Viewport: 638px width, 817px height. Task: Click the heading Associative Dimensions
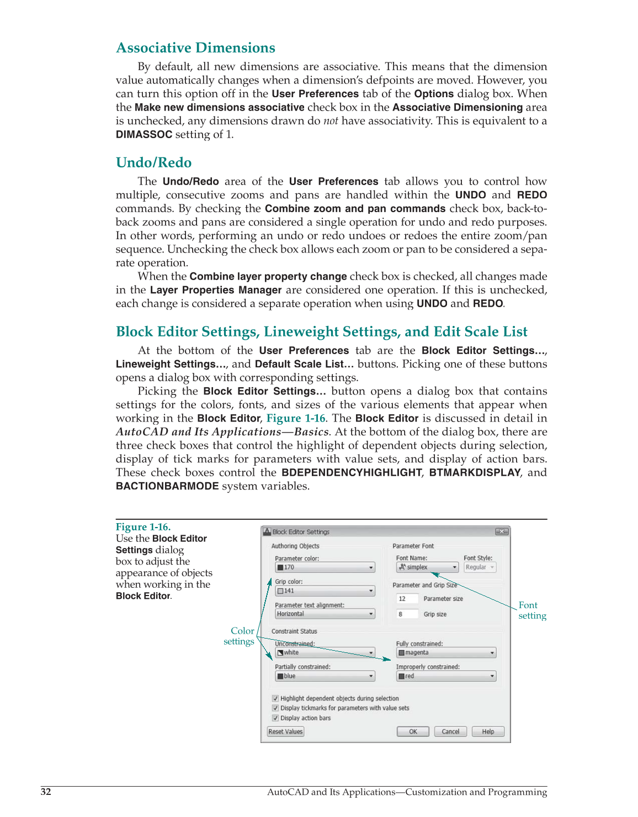click(195, 48)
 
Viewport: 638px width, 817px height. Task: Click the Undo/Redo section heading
click(153, 163)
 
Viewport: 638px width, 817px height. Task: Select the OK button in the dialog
click(413, 731)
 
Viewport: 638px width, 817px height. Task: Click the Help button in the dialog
click(488, 731)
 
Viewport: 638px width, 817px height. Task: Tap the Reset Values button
click(285, 731)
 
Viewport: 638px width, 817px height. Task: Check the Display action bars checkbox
click(275, 718)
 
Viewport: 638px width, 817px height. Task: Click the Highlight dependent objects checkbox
click(275, 698)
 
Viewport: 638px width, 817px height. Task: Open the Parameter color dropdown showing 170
click(325, 567)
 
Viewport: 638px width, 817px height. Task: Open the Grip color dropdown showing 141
click(325, 591)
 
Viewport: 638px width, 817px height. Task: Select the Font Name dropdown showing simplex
click(427, 567)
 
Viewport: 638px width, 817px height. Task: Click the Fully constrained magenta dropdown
click(446, 653)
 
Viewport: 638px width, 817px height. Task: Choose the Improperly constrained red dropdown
click(446, 676)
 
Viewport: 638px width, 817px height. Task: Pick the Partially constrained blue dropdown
click(325, 676)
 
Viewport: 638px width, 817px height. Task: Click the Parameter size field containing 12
click(407, 599)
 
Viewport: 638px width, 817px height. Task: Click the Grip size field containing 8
click(407, 614)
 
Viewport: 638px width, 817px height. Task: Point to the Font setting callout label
click(532, 610)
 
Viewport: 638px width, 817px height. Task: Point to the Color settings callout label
click(240, 636)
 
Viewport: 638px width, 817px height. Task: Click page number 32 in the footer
click(46, 792)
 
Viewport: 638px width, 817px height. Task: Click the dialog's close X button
click(501, 531)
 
